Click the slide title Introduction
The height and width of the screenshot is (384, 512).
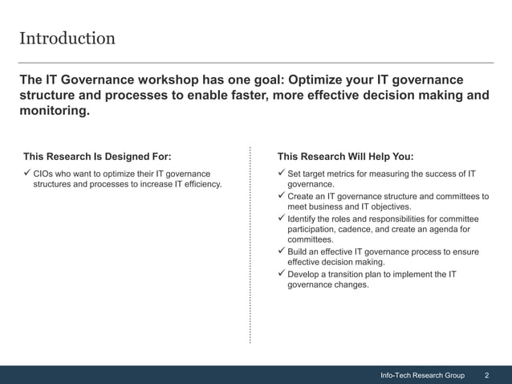[67, 39]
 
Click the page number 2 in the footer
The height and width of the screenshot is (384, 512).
[487, 375]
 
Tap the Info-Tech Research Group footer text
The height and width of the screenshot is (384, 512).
[422, 375]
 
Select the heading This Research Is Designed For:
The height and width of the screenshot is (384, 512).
[97, 157]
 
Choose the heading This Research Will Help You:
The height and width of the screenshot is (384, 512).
[345, 157]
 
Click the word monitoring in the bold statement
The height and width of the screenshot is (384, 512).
[52, 112]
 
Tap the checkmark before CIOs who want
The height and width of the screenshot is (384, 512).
[26, 174]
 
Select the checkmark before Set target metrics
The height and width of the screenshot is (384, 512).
[281, 174]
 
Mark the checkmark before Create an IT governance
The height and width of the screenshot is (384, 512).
[281, 196]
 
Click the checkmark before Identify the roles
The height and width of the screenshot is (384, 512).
[281, 219]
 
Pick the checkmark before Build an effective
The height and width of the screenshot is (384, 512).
[281, 251]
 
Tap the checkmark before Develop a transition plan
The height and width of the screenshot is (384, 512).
[281, 274]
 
